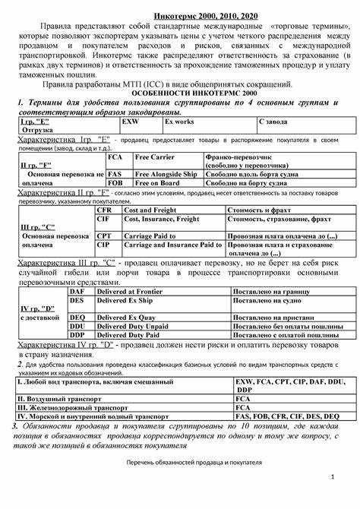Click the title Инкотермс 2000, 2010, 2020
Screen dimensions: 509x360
180,15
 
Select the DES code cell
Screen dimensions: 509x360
77,300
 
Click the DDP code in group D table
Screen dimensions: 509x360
77,334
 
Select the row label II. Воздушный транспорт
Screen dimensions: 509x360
62,398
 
